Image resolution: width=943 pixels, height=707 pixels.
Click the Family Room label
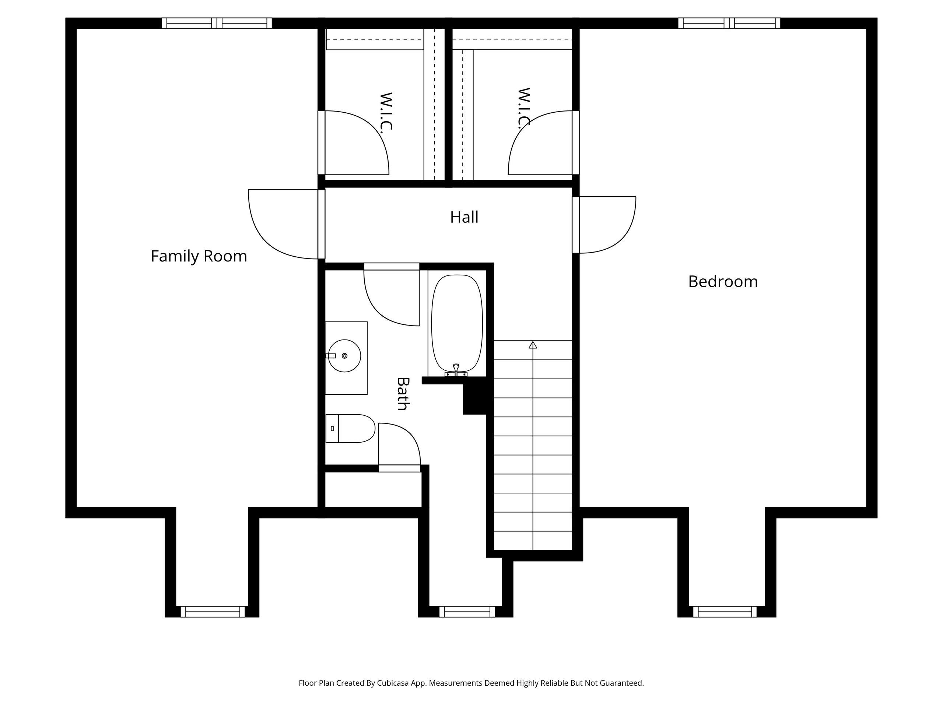199,256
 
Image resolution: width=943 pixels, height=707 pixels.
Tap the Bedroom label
723,282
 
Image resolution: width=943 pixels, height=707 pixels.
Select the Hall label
464,217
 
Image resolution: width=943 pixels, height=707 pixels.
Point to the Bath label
403,393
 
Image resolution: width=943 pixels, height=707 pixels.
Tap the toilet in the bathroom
350,428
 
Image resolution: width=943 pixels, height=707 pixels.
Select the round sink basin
344,355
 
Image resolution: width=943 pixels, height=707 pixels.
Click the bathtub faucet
456,371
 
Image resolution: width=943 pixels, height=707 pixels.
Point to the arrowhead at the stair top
533,345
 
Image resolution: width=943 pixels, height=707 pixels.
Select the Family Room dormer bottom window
213,612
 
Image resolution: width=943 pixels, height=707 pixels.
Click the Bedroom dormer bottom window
725,612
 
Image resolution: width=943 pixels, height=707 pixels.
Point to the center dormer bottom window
467,612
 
